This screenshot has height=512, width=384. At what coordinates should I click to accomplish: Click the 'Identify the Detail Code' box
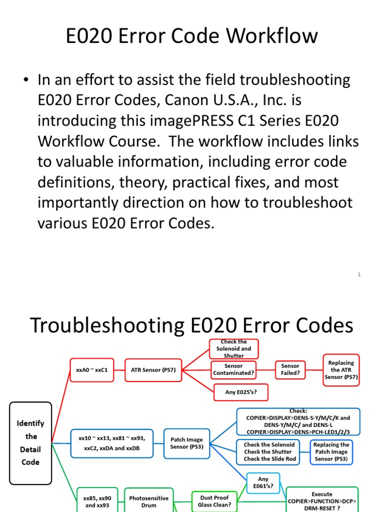[31, 442]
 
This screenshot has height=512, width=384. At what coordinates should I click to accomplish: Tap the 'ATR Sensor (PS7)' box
[153, 370]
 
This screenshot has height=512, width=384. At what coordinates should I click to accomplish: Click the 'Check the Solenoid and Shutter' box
[233, 348]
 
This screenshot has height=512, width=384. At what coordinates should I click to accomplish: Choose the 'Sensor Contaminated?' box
[233, 369]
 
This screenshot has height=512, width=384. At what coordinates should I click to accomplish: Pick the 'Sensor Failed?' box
[290, 369]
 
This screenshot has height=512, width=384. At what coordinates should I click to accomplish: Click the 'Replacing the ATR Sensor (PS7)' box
[341, 369]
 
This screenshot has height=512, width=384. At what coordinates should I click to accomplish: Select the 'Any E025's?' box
[240, 392]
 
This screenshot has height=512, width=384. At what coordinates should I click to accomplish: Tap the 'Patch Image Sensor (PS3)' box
[186, 443]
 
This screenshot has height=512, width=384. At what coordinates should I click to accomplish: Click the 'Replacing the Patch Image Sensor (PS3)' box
[331, 451]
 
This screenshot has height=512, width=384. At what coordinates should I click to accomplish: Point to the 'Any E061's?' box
[263, 482]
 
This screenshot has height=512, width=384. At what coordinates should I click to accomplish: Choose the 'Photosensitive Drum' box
[148, 501]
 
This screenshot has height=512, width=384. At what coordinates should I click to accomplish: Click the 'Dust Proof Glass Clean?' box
[214, 501]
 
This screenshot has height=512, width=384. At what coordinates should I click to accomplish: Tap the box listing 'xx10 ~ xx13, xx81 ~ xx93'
[111, 442]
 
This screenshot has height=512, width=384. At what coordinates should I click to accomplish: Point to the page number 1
[359, 274]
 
